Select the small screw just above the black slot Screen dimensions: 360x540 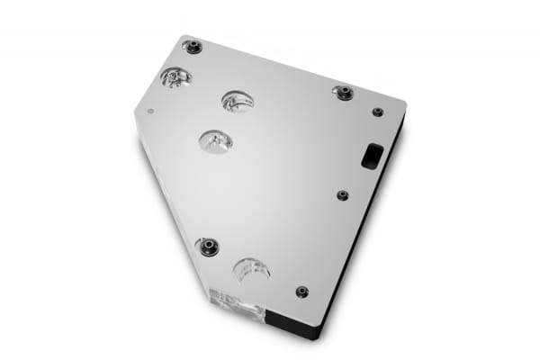(378, 112)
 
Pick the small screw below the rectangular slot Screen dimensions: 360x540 (342, 194)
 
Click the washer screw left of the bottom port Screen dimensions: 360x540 (209, 245)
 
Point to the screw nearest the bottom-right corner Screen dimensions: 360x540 (301, 292)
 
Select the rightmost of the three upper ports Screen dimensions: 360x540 (237, 101)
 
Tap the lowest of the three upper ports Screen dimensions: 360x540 (216, 140)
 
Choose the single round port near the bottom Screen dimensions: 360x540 (251, 269)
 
